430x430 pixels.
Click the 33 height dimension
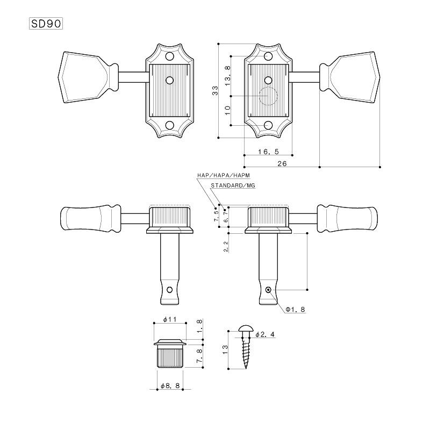tap(214, 91)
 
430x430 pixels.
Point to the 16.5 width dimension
tap(268, 152)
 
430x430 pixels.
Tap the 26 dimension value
tap(282, 164)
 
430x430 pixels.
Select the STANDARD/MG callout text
tap(233, 185)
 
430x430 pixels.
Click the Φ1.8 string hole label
tap(295, 310)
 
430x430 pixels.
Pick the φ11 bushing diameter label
tap(169, 319)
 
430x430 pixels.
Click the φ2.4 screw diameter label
tap(265, 334)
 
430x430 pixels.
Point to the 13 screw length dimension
tap(225, 348)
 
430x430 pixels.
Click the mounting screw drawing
tap(246, 347)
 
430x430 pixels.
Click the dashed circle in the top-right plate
tap(267, 96)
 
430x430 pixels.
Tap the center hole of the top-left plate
tap(170, 80)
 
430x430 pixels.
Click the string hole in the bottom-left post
tap(170, 290)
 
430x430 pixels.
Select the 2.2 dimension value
tap(226, 247)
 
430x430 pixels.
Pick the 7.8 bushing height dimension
tap(199, 356)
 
